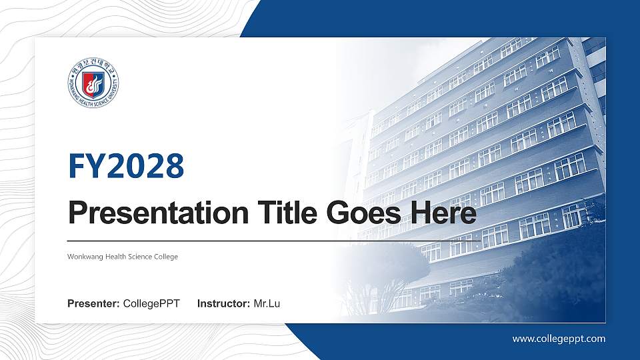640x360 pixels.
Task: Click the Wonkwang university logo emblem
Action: click(x=93, y=83)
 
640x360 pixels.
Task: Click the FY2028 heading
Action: click(x=126, y=167)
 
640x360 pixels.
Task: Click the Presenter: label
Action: click(x=94, y=304)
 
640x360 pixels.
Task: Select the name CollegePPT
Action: click(x=151, y=304)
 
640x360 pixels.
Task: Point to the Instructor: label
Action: click(x=224, y=304)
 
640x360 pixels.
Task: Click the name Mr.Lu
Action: click(x=267, y=304)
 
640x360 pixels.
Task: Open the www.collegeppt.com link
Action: click(x=559, y=339)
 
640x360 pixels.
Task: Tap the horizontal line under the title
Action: click(x=267, y=240)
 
